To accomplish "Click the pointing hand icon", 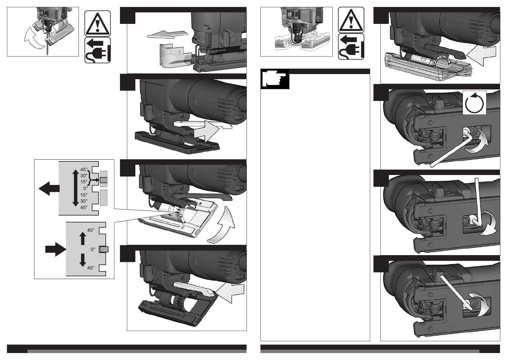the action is click(x=275, y=79).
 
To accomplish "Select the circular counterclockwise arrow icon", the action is click(x=474, y=103).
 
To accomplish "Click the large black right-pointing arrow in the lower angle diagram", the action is click(x=55, y=249).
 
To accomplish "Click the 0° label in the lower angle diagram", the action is click(x=93, y=250).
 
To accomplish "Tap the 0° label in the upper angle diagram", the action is click(x=86, y=188).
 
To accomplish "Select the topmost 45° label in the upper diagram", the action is click(x=84, y=170).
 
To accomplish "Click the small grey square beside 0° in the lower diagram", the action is click(x=104, y=249).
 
